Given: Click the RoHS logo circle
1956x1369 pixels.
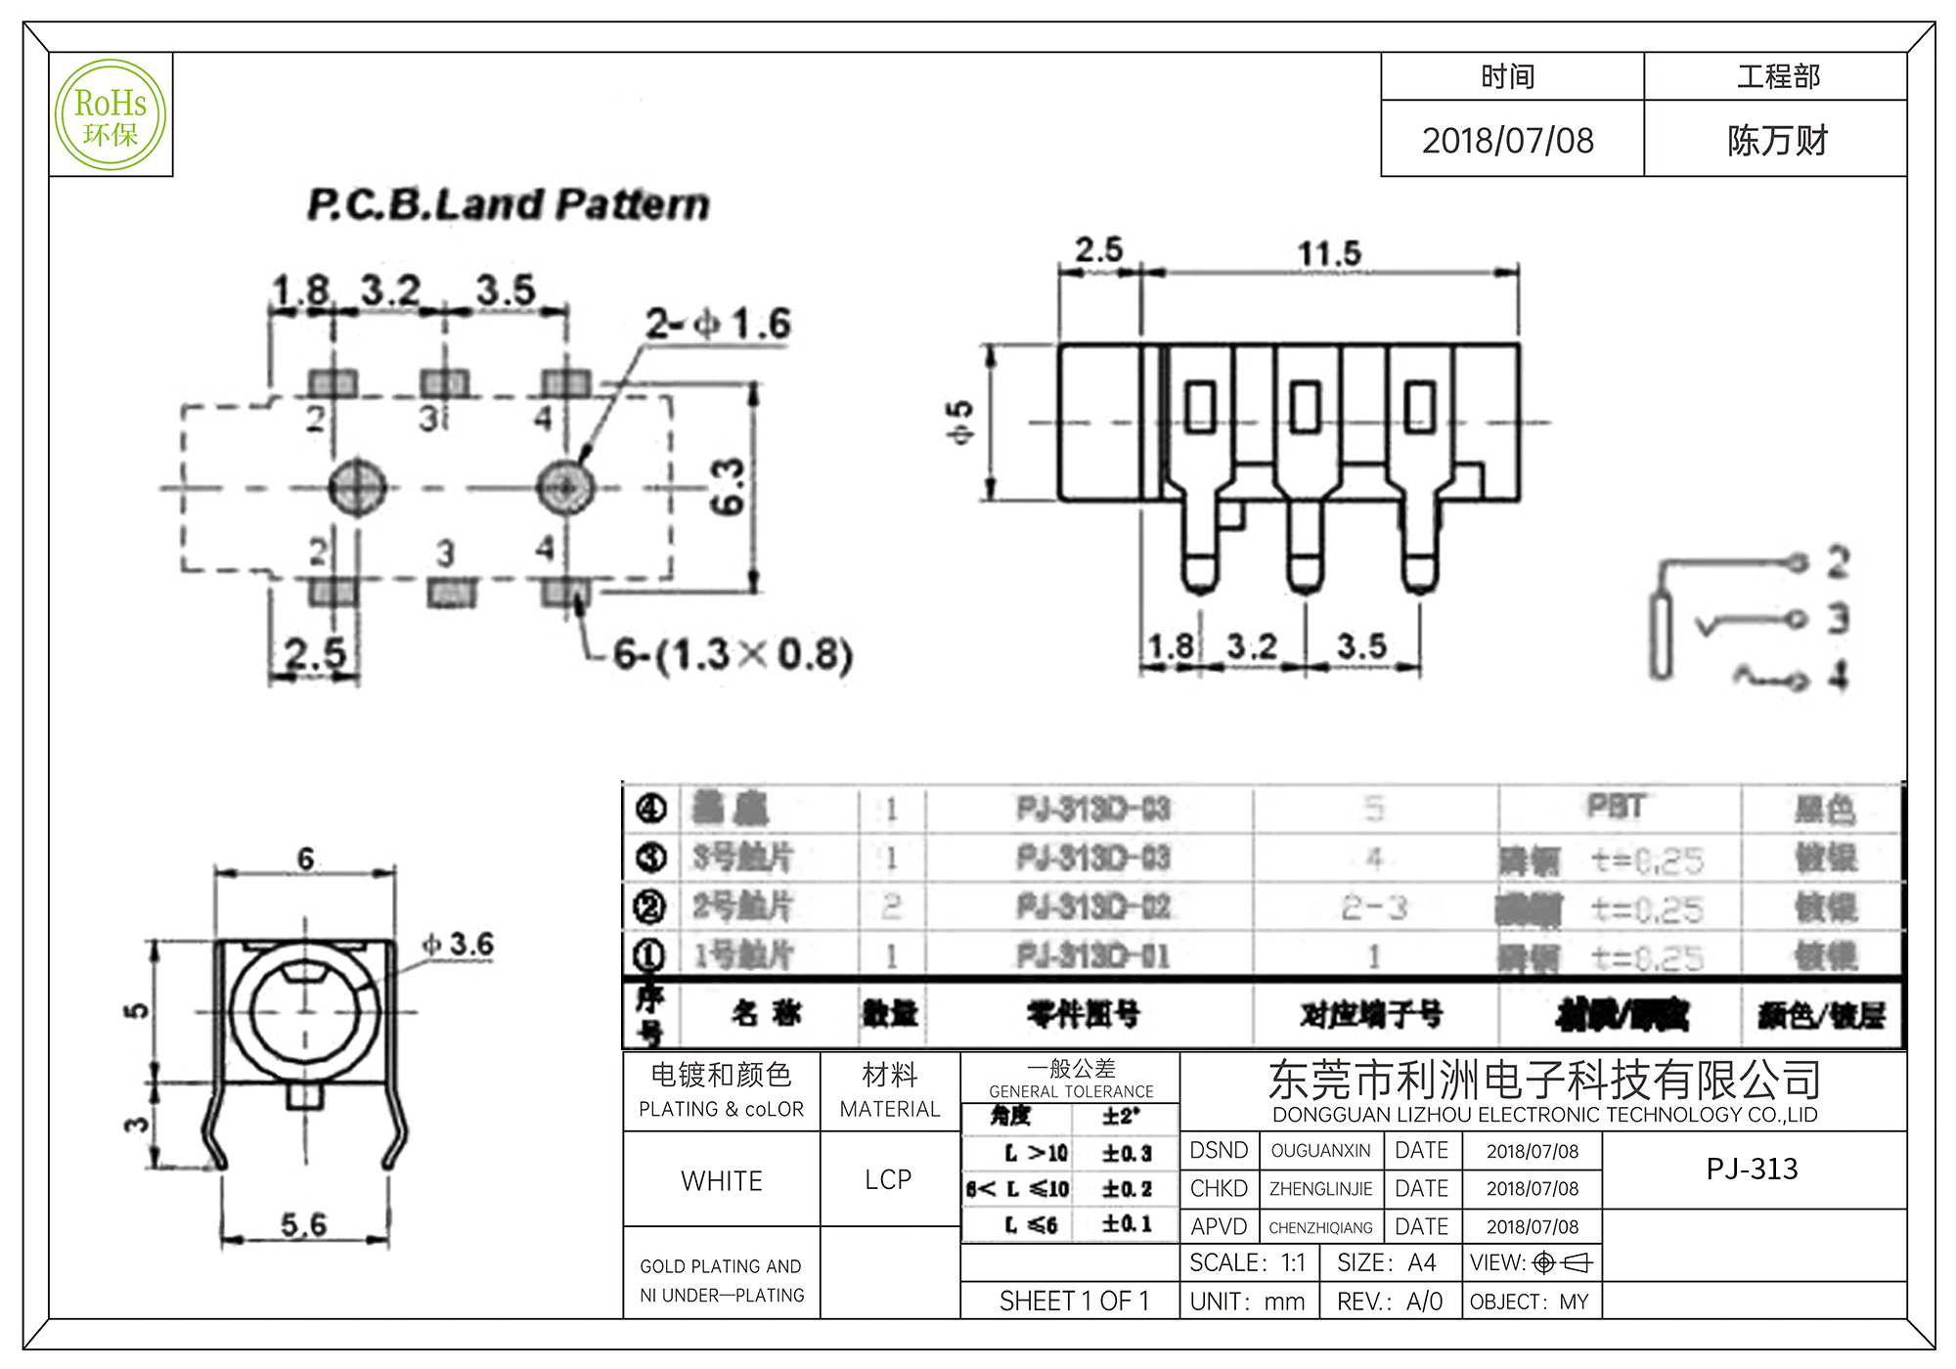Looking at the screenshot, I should pyautogui.click(x=111, y=115).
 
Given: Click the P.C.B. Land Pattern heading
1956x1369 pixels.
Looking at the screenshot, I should pyautogui.click(x=509, y=205).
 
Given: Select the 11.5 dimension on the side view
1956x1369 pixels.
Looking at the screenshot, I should pyautogui.click(x=1329, y=254).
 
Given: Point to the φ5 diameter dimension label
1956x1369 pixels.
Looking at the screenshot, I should pyautogui.click(x=962, y=421).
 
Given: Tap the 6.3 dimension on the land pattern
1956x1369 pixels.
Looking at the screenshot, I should pyautogui.click(x=728, y=487).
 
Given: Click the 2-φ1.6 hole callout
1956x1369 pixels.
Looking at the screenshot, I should pyautogui.click(x=718, y=325).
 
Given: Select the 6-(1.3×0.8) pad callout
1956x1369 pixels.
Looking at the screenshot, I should pyautogui.click(x=733, y=655).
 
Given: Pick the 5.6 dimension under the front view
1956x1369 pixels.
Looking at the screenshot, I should pyautogui.click(x=303, y=1224).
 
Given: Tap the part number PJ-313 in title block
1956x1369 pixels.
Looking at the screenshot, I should pyautogui.click(x=1752, y=1169).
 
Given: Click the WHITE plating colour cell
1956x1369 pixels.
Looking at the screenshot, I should pyautogui.click(x=722, y=1181).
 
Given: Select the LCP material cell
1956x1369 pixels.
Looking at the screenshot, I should pyautogui.click(x=888, y=1180).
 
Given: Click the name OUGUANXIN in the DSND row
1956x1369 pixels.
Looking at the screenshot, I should pyautogui.click(x=1320, y=1151).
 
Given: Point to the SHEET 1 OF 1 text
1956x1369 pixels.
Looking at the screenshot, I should pyautogui.click(x=1074, y=1302).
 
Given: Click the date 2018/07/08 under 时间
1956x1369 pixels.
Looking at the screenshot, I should pyautogui.click(x=1508, y=141).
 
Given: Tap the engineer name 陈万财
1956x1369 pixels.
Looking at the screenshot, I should pyautogui.click(x=1777, y=141).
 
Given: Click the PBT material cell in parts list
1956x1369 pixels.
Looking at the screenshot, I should pyautogui.click(x=1616, y=807).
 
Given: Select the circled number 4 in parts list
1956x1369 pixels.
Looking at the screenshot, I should pyautogui.click(x=650, y=809).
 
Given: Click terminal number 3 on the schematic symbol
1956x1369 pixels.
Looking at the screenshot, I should pyautogui.click(x=1838, y=618).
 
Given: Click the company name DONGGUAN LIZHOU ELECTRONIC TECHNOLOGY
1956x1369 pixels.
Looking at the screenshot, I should pyautogui.click(x=1544, y=1115).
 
